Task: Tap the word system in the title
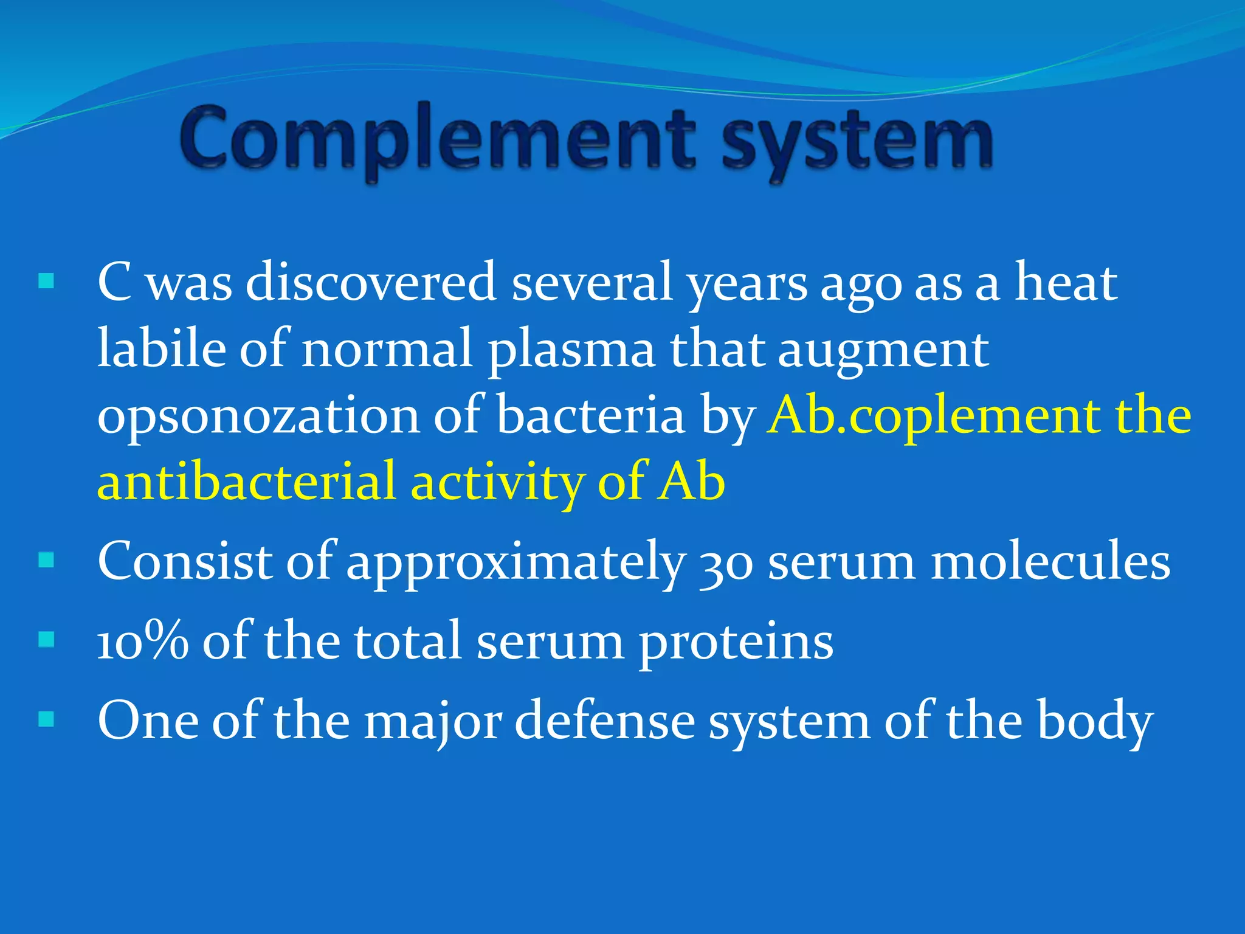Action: coord(857,141)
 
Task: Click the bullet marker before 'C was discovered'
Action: coord(46,282)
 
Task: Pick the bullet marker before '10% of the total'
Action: coord(46,640)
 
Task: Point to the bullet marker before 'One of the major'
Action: coord(46,720)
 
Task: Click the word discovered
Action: coord(371,282)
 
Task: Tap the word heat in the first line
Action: coord(1066,282)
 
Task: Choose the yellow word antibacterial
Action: coord(247,482)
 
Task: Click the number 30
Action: coord(726,563)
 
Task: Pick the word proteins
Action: coord(736,645)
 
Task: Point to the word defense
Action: coord(605,721)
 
